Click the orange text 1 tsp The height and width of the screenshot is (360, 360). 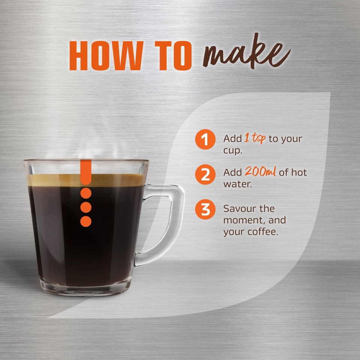[x=255, y=138]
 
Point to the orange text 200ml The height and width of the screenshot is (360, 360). [x=261, y=172]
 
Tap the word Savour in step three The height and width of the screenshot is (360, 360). [x=239, y=208]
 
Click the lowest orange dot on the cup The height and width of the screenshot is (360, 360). [x=86, y=221]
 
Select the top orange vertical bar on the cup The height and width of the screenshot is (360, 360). [x=86, y=171]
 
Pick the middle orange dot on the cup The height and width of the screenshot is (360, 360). [x=86, y=207]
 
